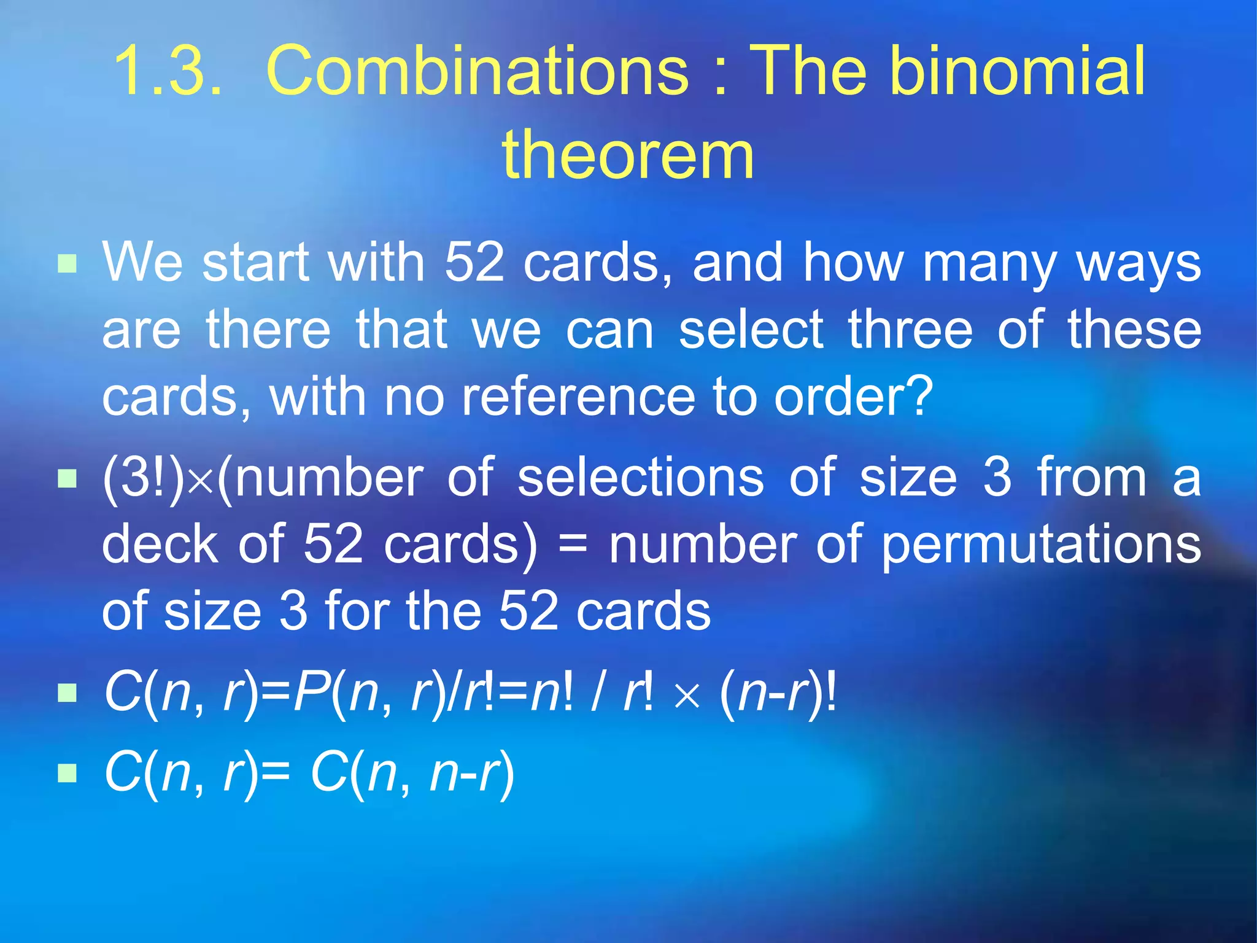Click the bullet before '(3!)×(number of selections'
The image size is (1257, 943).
click(x=67, y=479)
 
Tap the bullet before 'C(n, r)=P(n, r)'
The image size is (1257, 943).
click(x=67, y=694)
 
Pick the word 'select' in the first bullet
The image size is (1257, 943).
click(x=751, y=330)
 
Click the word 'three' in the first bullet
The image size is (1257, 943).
click(x=910, y=330)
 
